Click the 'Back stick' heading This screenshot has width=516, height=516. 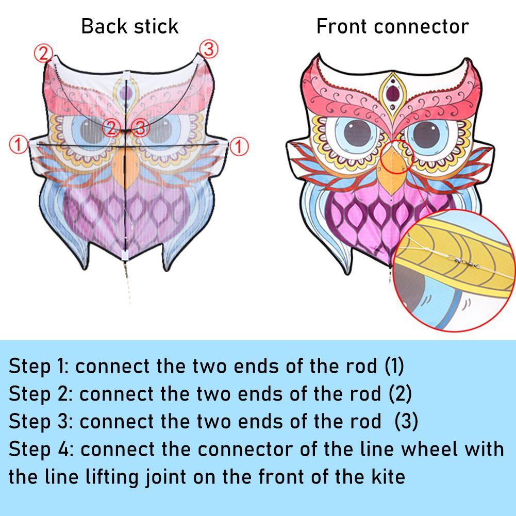point(130,26)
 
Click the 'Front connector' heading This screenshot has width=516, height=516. point(393,26)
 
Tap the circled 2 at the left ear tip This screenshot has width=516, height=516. point(43,53)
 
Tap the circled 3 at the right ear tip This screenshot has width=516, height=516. point(209,49)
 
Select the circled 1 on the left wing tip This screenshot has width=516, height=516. point(18,145)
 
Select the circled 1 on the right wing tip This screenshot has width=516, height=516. point(239,146)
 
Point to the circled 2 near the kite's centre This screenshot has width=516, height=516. point(111,128)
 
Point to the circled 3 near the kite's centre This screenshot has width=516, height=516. point(140,128)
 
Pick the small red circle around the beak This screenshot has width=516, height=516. point(397,157)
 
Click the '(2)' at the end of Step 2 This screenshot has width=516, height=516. point(400,394)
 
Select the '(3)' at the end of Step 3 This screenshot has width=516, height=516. point(406,421)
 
